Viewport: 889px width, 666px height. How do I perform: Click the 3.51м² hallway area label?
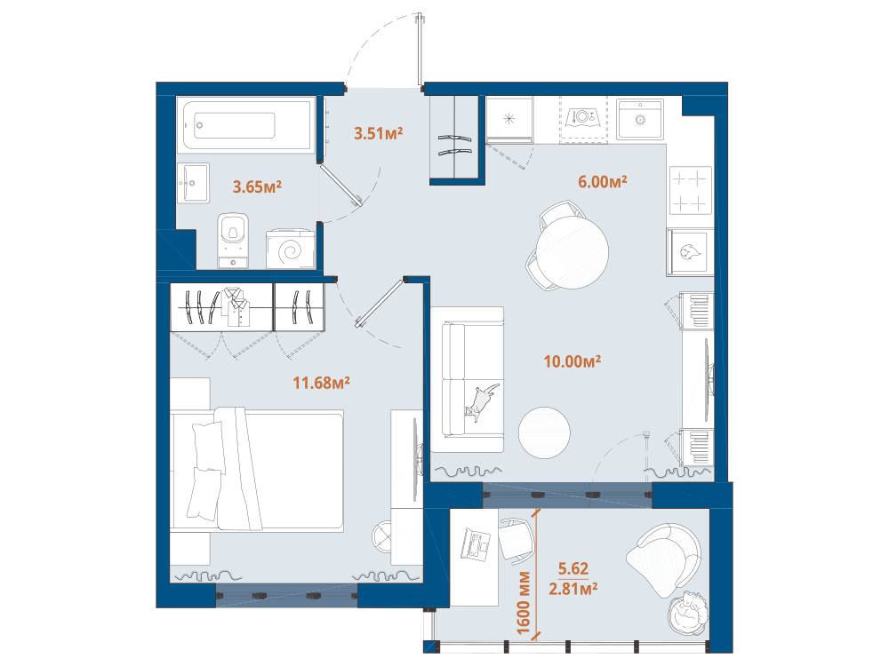378,133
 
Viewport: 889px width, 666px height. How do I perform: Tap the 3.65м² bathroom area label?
257,186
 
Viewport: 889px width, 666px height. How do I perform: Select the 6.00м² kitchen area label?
602,181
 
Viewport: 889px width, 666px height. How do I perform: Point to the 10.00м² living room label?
572,361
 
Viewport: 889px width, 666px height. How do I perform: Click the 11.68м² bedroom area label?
321,383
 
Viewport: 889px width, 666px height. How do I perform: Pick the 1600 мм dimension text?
523,603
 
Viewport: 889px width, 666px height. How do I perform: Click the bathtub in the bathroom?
245,124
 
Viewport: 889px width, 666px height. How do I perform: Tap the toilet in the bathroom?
233,240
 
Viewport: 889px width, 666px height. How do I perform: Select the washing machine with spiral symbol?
291,249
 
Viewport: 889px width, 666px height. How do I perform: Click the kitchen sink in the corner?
640,120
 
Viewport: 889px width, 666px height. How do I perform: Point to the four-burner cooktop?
691,190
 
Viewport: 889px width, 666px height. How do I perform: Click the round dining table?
572,251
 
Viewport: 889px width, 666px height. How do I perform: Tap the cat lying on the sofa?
481,401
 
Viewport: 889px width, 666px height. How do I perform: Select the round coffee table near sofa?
544,432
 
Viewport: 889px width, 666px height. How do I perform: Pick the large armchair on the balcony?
664,559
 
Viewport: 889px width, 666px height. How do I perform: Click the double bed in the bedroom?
258,470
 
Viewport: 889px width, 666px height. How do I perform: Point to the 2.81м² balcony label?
573,589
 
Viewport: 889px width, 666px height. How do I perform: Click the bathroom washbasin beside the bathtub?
193,183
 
